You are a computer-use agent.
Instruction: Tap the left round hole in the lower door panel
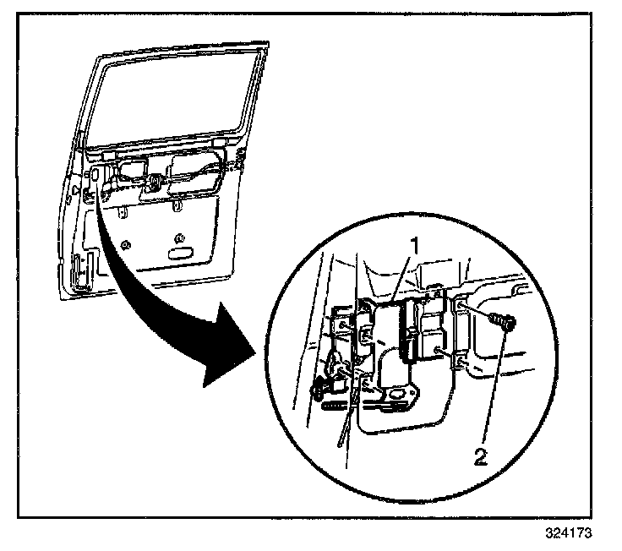pyautogui.click(x=125, y=245)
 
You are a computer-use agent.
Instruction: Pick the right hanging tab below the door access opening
pyautogui.click(x=176, y=205)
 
